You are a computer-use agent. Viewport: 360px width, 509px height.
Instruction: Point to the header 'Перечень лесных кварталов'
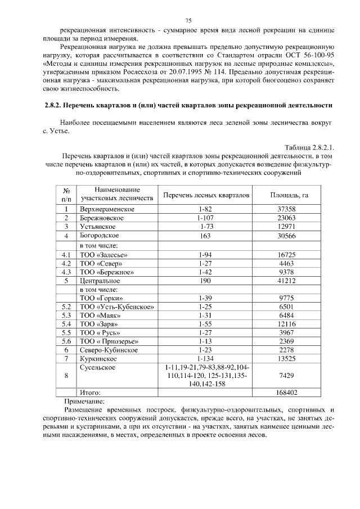(205, 195)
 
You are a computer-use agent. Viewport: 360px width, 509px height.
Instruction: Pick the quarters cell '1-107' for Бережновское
(205, 218)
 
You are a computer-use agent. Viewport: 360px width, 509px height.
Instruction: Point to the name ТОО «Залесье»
(103, 254)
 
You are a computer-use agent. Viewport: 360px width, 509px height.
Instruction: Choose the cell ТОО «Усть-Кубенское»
(117, 307)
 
